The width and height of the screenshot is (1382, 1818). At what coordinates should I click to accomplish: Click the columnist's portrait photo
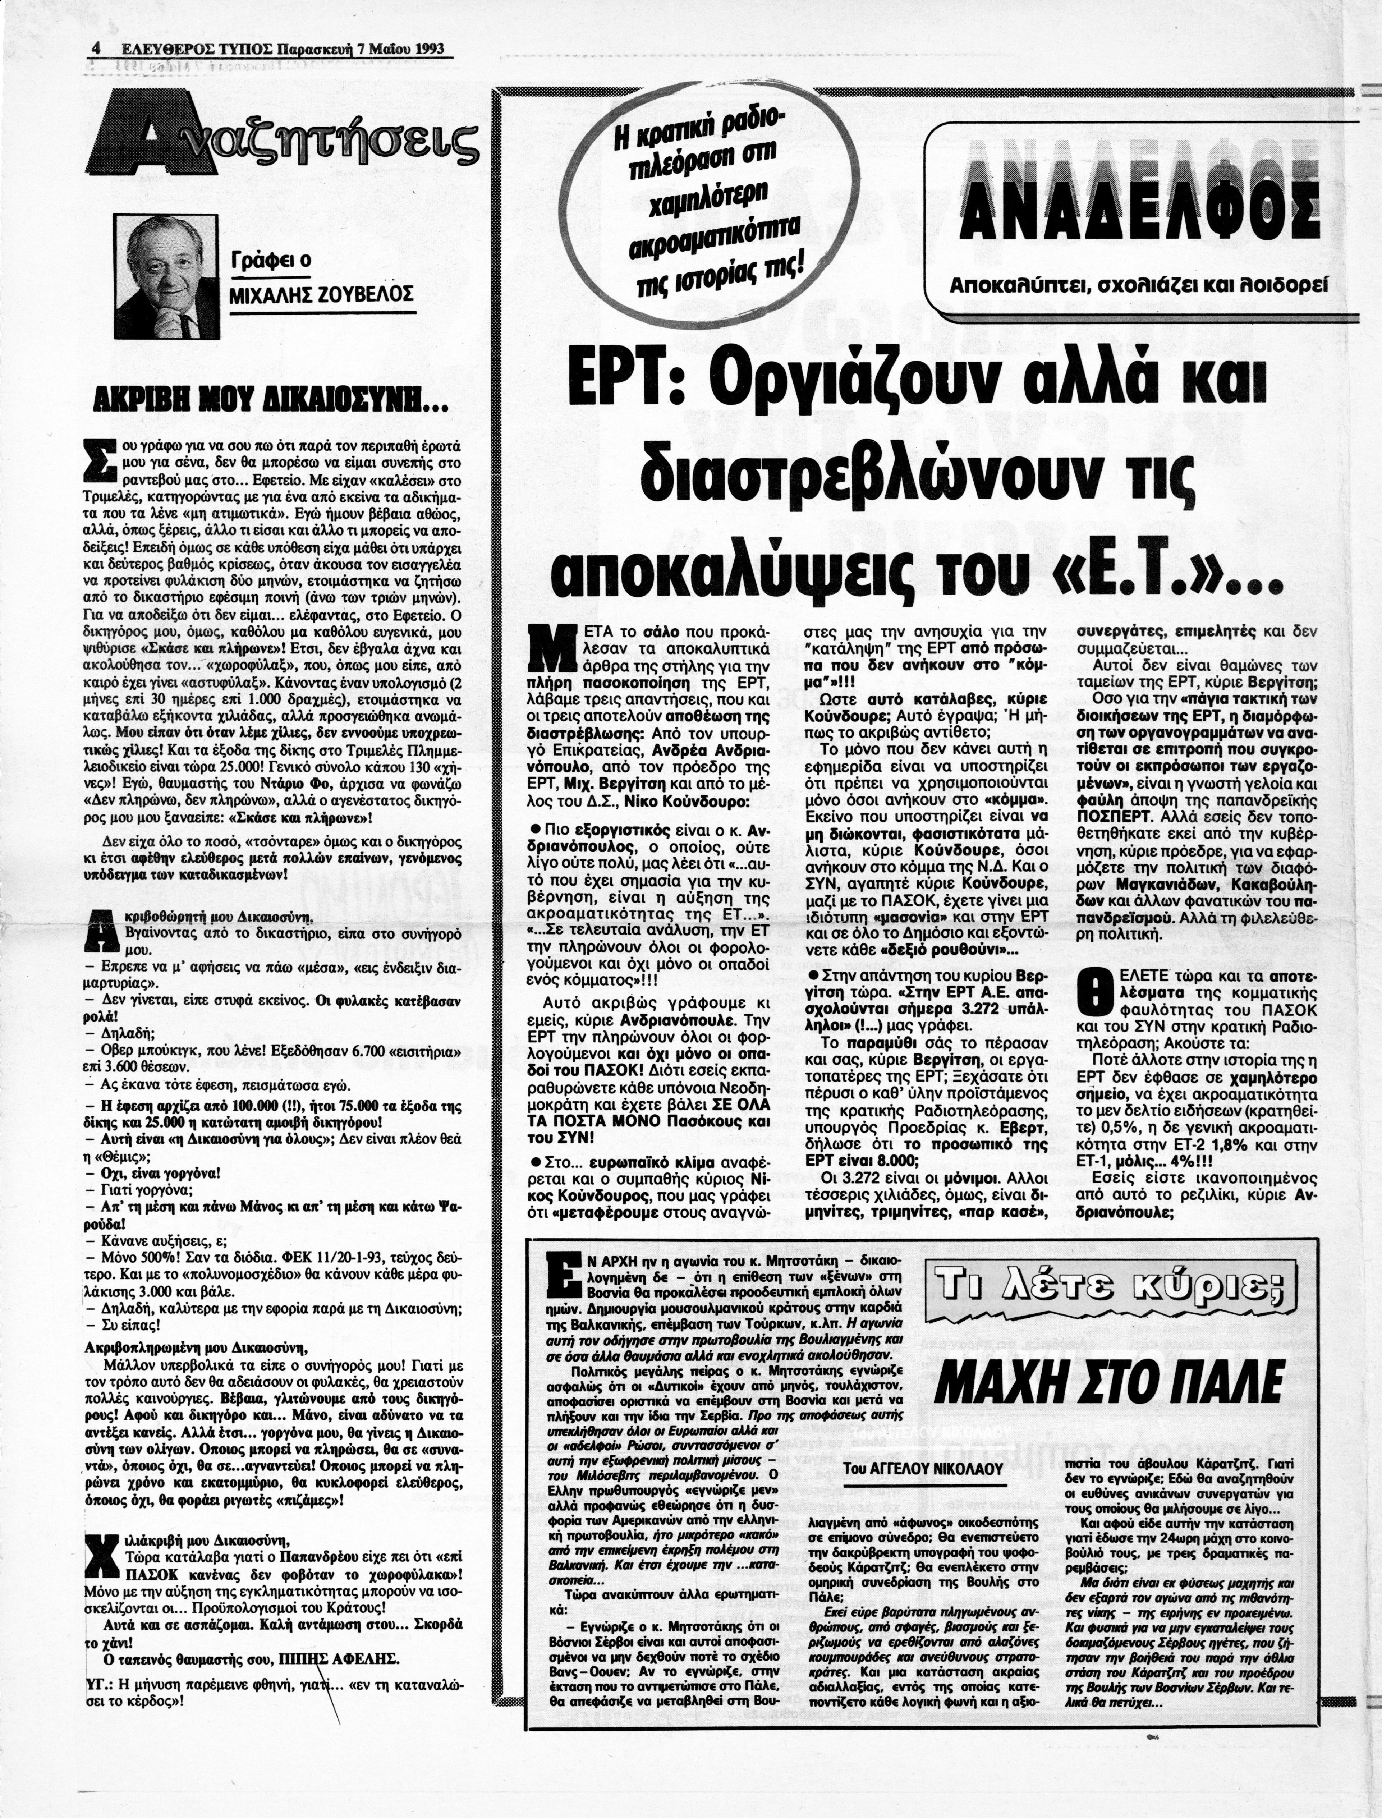tap(167, 276)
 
